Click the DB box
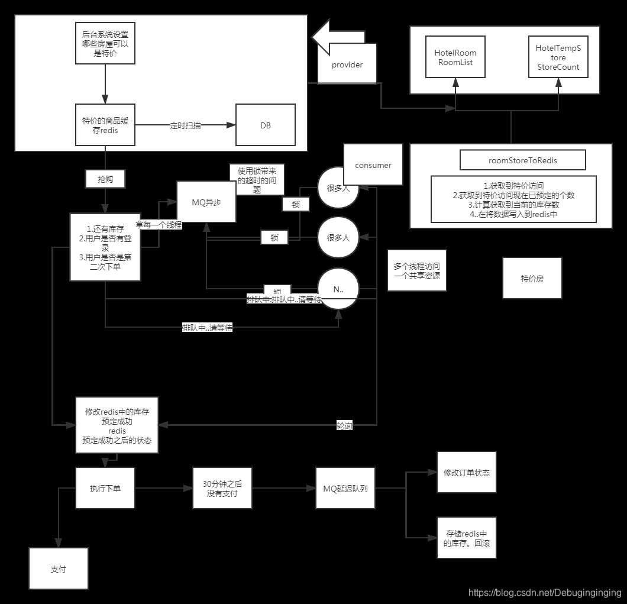click(x=266, y=125)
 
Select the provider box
click(x=347, y=64)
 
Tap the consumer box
click(x=373, y=165)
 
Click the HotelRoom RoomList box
click(x=455, y=56)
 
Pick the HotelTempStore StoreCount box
click(x=558, y=56)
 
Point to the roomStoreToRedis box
click(x=523, y=160)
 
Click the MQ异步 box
click(x=206, y=201)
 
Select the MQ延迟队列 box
click(x=345, y=488)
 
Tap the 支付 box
click(x=59, y=569)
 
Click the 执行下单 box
click(x=105, y=488)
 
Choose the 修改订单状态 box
click(x=466, y=472)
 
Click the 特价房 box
click(x=532, y=278)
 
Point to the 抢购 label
click(x=105, y=178)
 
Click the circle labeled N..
click(x=338, y=289)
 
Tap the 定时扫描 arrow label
click(x=185, y=125)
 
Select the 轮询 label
click(x=344, y=425)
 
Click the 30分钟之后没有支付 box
click(x=222, y=488)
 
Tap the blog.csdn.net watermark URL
click(x=545, y=592)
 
